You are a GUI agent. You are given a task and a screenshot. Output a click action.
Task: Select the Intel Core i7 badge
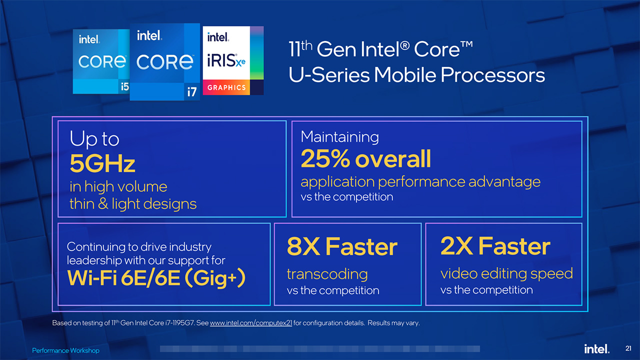(164, 61)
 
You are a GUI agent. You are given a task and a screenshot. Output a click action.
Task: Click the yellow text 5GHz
(102, 163)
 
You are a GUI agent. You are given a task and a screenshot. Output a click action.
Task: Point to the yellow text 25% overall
(365, 159)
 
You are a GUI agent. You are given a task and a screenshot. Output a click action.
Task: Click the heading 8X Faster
(342, 246)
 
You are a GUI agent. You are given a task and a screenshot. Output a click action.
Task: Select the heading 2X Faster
(495, 246)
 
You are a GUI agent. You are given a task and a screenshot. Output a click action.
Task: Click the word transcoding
(327, 273)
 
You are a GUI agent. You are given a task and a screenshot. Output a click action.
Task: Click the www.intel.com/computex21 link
(251, 323)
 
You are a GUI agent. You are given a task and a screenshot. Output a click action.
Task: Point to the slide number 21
(628, 348)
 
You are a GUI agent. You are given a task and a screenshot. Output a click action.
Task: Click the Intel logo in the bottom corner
(596, 348)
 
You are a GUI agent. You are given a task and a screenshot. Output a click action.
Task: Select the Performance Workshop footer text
(65, 351)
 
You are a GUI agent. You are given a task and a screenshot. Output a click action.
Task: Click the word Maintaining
(339, 136)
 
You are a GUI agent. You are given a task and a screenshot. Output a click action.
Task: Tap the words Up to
(94, 139)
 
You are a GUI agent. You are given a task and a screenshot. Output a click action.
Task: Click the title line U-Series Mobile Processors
(416, 75)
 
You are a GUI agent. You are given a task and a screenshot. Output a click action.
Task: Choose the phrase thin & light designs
(133, 203)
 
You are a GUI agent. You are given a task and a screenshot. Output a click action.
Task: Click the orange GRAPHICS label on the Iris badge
(226, 87)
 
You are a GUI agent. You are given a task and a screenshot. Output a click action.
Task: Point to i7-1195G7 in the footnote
(178, 323)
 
